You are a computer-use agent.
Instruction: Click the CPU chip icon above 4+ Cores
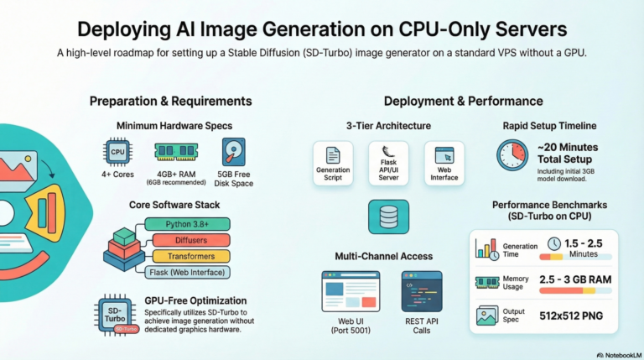[117, 152]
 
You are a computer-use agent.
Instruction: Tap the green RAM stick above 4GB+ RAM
[176, 151]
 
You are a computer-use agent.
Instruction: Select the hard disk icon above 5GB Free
[233, 152]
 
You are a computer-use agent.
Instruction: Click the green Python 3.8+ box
[187, 224]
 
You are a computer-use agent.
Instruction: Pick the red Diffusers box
[191, 240]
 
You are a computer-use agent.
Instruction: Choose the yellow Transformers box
[191, 256]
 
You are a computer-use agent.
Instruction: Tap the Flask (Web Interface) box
[187, 272]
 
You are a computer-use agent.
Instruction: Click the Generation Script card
[333, 164]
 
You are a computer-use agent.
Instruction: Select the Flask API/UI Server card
[388, 164]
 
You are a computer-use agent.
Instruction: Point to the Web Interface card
[444, 164]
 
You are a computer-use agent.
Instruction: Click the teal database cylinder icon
[388, 217]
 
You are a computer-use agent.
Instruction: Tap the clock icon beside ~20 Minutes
[512, 155]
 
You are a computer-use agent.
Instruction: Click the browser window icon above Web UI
[351, 291]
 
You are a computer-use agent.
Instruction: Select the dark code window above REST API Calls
[422, 291]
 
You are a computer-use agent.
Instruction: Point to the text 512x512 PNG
[571, 316]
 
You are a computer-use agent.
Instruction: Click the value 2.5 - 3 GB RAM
[575, 279]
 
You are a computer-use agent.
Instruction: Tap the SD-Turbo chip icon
[117, 316]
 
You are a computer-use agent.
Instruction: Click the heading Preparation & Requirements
[171, 101]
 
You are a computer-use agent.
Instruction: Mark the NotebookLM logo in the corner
[619, 355]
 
